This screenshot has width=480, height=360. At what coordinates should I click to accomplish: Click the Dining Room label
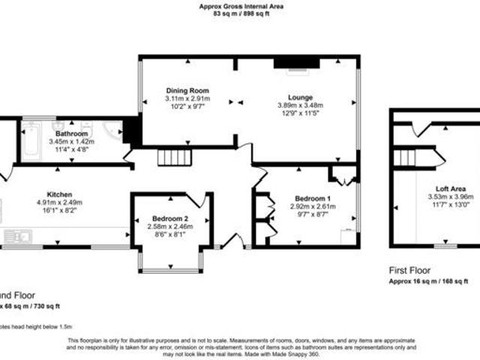tap(187, 90)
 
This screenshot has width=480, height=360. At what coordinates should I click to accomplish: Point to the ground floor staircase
tap(174, 157)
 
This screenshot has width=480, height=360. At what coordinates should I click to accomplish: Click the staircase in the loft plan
tap(405, 157)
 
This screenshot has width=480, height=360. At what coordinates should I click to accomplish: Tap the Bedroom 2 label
tap(167, 219)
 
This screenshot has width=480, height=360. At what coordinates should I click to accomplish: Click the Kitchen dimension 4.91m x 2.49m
tap(59, 202)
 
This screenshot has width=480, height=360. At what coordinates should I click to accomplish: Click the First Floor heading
tap(410, 270)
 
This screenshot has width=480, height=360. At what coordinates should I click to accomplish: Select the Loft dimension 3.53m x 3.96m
tap(451, 197)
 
